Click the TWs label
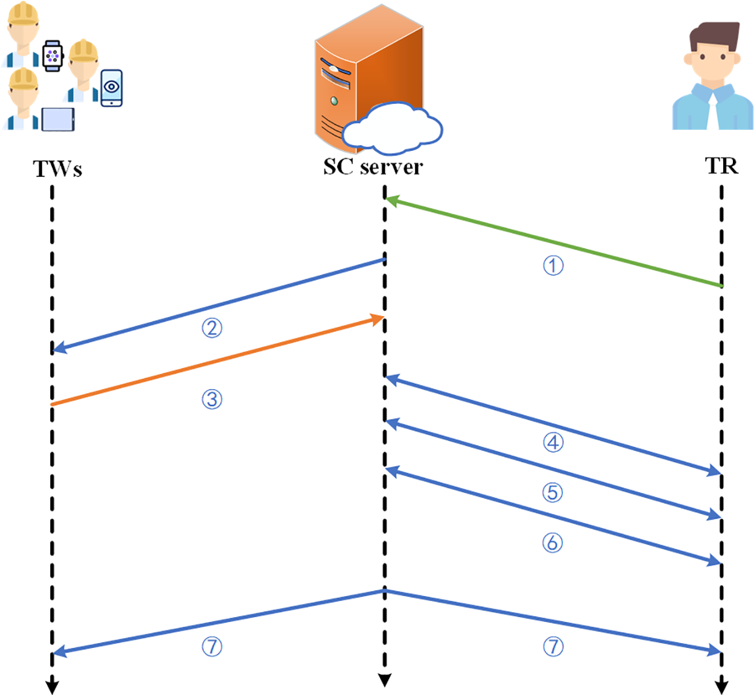point(57,168)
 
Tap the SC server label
point(373,167)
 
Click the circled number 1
point(553,265)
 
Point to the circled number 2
point(212,328)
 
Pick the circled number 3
point(212,399)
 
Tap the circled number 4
point(553,442)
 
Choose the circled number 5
point(553,492)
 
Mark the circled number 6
point(553,543)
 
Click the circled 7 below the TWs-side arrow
point(212,647)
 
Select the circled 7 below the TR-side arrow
point(553,647)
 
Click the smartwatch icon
point(52,56)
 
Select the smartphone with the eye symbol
point(112,88)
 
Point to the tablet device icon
point(58,119)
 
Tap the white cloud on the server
point(393,129)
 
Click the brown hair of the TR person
point(714,36)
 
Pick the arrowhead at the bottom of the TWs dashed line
point(52,687)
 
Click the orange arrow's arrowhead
point(378,319)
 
